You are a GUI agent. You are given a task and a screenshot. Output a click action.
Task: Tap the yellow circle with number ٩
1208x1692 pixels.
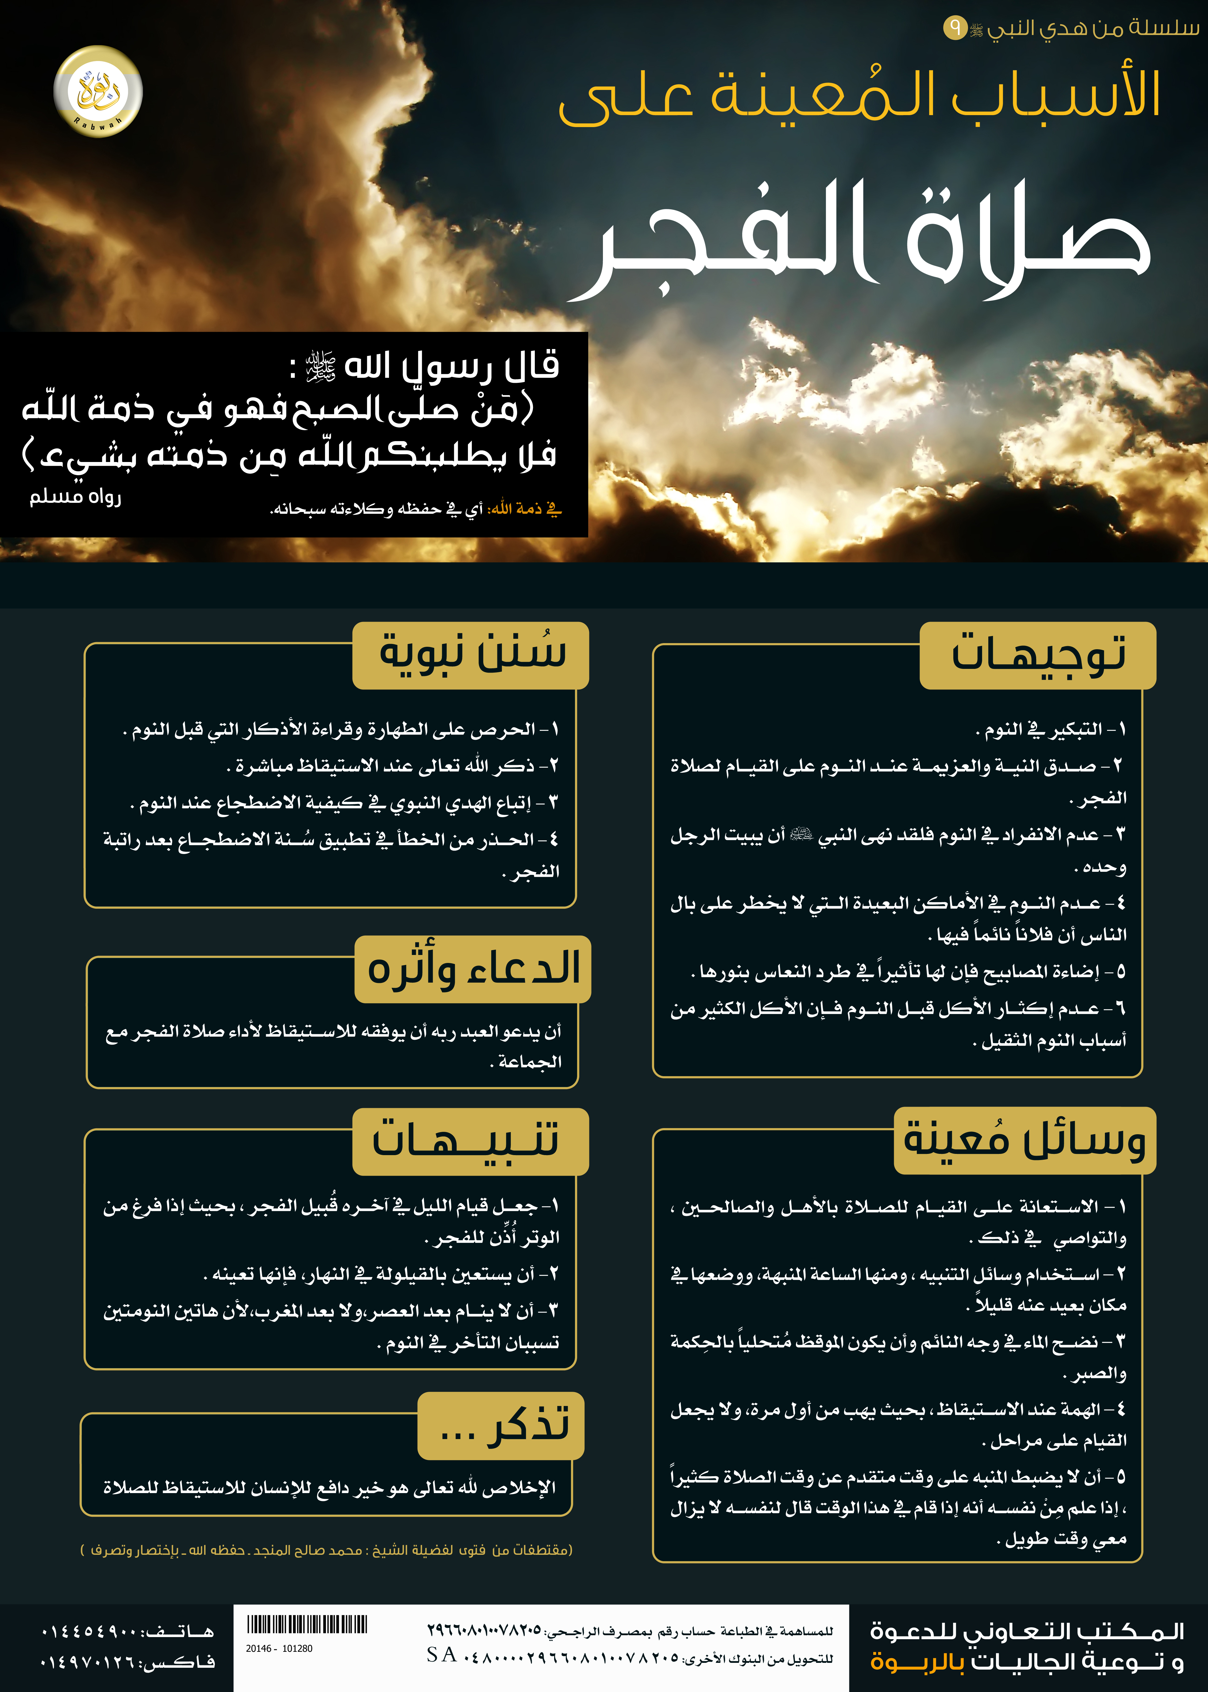coord(954,29)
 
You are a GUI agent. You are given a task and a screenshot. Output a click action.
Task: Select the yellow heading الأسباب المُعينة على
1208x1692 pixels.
coord(859,97)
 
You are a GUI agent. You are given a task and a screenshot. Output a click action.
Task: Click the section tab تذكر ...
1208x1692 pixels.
coord(501,1425)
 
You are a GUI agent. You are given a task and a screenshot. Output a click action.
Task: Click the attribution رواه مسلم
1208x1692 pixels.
coord(75,496)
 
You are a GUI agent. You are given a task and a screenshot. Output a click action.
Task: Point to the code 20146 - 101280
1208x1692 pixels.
coord(279,1648)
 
